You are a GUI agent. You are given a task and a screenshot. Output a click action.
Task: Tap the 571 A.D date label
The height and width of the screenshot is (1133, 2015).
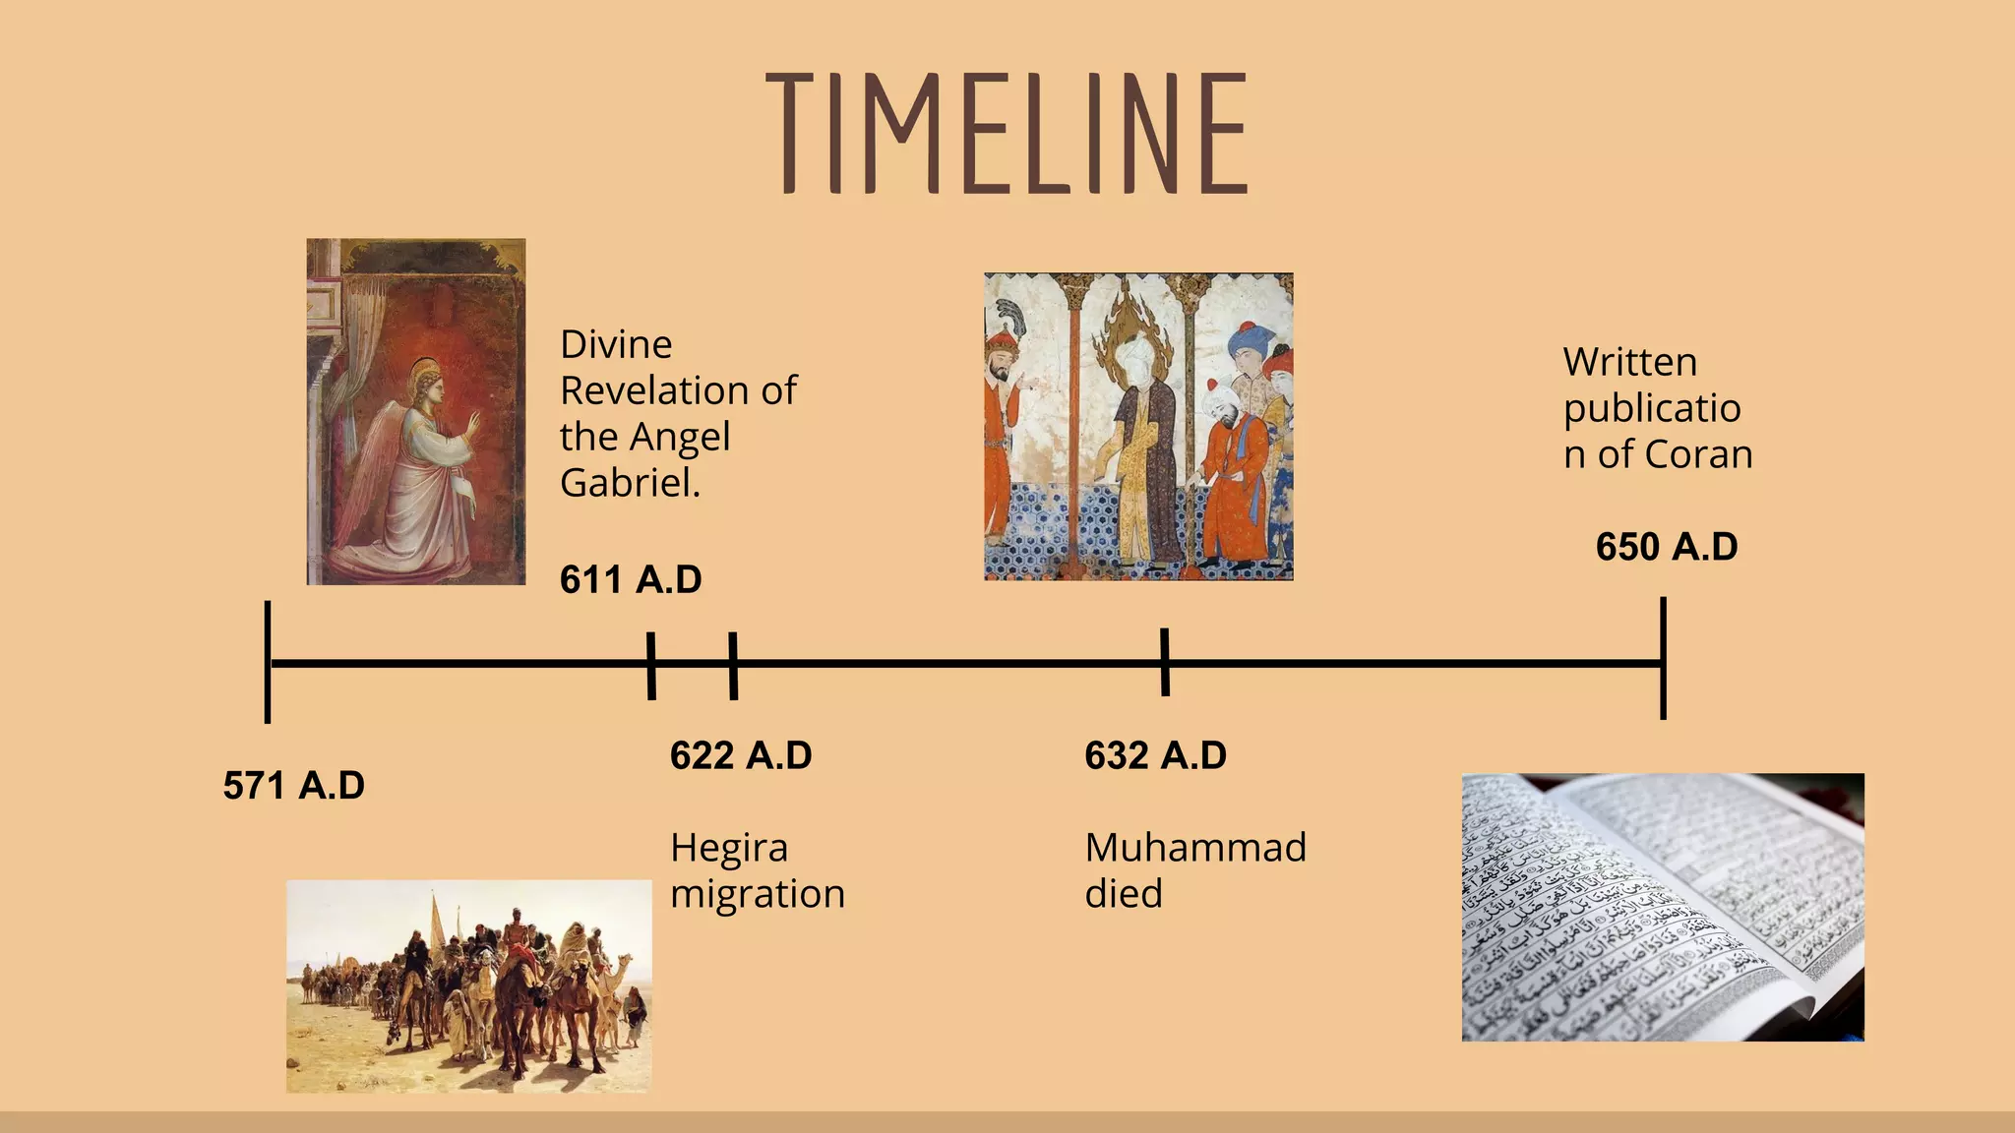293,786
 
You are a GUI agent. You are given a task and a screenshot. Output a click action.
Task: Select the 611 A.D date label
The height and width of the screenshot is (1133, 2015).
631,580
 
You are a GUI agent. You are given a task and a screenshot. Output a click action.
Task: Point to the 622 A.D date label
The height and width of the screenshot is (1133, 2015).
741,756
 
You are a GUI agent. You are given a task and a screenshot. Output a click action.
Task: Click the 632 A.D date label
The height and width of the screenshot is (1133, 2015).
1155,756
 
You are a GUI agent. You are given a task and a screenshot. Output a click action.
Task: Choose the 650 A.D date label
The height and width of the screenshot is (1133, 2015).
1667,548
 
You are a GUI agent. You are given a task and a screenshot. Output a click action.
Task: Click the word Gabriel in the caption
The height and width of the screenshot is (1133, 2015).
629,483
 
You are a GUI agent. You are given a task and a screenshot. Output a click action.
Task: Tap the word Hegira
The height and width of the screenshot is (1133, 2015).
729,848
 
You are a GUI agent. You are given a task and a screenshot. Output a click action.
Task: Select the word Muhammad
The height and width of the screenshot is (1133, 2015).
1195,848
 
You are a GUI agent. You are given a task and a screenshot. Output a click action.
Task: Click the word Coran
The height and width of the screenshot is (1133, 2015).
1698,454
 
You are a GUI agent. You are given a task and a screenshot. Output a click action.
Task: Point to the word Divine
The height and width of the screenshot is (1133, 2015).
616,344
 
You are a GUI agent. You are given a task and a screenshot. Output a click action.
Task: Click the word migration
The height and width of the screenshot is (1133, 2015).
758,894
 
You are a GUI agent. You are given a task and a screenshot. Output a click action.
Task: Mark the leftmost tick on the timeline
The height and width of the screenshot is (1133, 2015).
268,662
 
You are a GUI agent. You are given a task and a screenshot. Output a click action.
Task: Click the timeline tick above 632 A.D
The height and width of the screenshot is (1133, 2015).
1165,662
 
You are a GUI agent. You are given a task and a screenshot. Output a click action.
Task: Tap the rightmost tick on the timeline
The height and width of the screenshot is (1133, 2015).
1663,658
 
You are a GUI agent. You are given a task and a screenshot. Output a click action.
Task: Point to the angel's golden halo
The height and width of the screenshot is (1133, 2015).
426,371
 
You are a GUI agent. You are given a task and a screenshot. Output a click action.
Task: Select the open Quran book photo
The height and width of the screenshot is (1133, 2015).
1662,907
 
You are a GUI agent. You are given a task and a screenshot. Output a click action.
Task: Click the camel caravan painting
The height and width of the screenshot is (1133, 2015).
468,985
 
